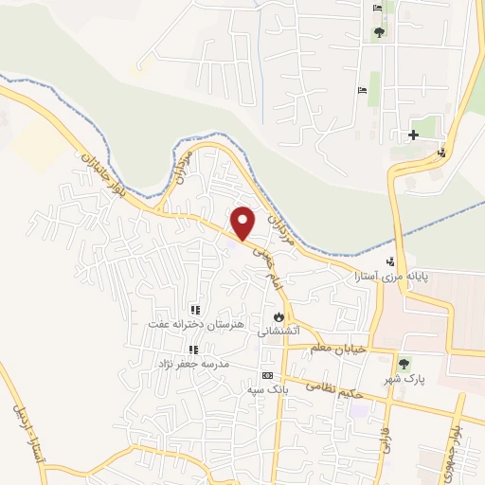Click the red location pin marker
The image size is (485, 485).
pos(243,222)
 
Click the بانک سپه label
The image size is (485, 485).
pos(267,389)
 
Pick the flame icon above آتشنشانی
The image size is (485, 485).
pos(278,315)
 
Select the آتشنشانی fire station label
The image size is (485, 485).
pos(279,331)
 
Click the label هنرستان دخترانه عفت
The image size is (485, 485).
pos(194,324)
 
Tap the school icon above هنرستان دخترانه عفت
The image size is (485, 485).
pos(194,310)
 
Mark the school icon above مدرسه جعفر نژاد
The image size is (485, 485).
pos(193,350)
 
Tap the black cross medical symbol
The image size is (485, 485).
pos(413,135)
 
